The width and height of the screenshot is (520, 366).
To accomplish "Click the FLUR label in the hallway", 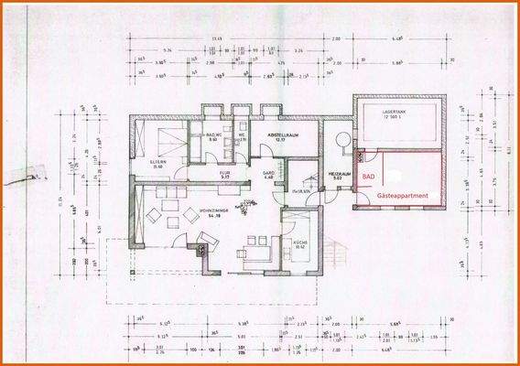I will coord(223,170).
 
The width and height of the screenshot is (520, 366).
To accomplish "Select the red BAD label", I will coord(368,176).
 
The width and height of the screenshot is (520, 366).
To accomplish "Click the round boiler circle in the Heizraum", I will coord(342,139).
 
